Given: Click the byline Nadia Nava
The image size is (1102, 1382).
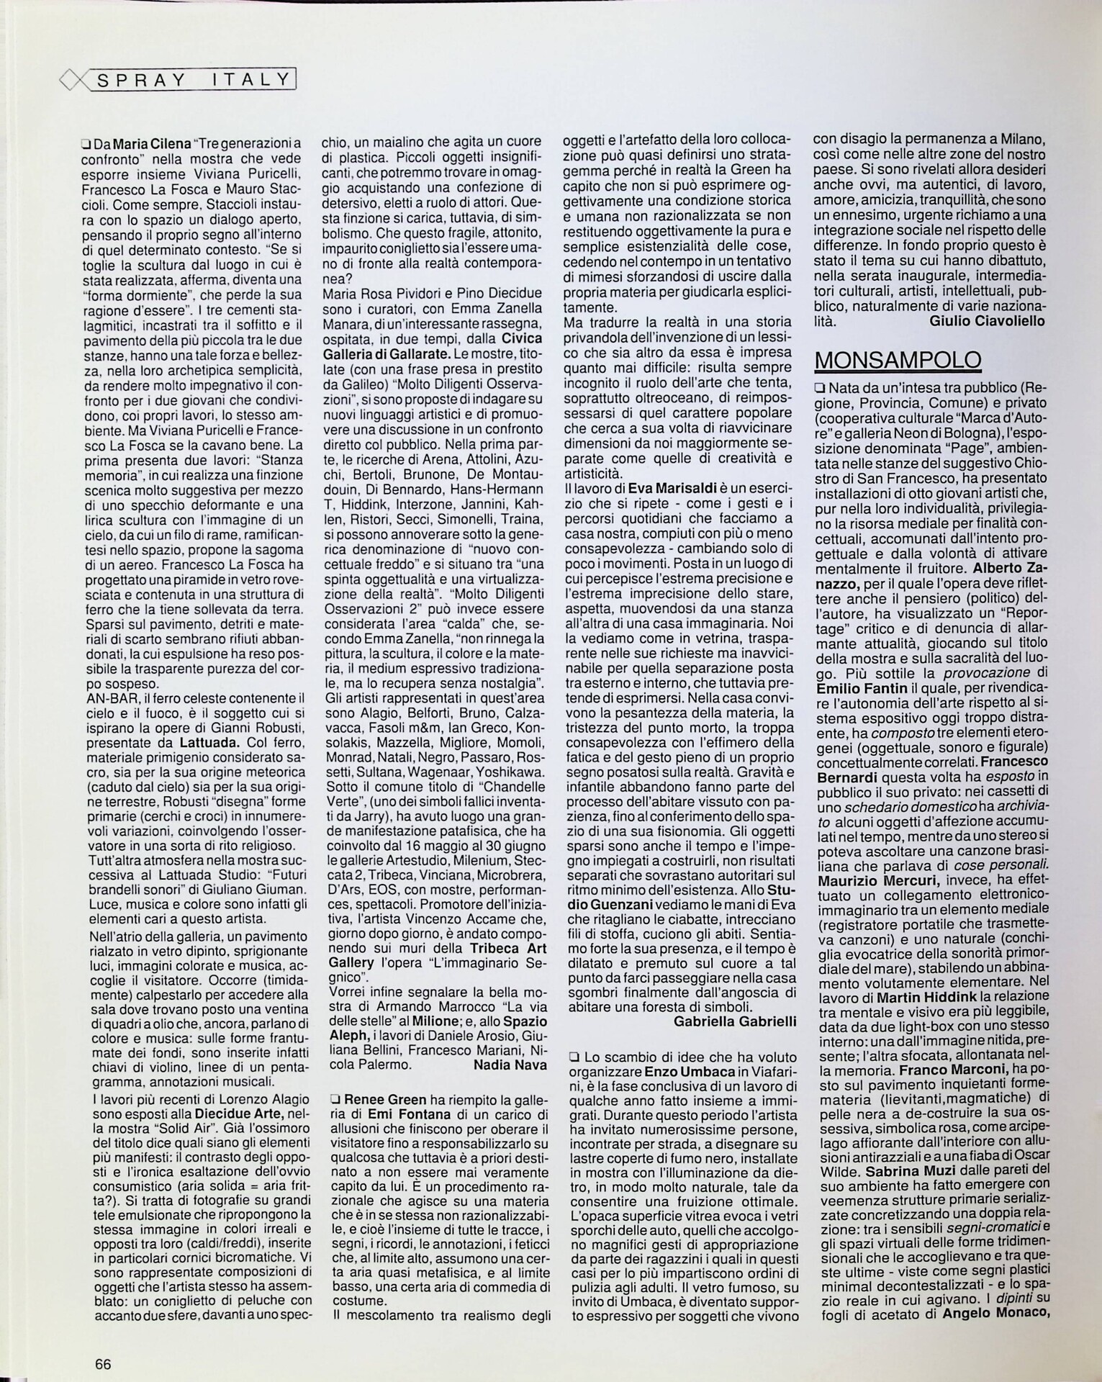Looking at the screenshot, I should click(510, 1065).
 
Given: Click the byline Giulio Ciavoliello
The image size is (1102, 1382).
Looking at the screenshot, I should click(987, 322).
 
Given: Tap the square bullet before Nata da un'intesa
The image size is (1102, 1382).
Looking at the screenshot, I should click(819, 390).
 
